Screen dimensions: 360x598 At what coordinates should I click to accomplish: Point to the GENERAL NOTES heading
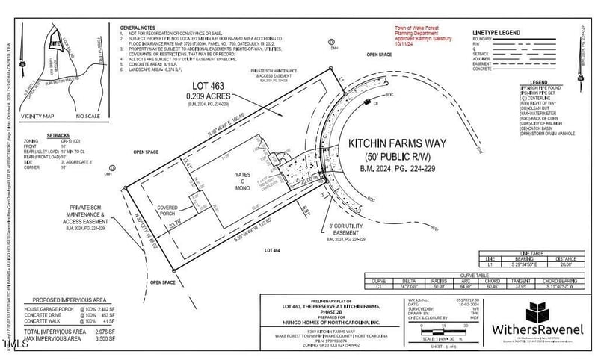click(141, 27)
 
